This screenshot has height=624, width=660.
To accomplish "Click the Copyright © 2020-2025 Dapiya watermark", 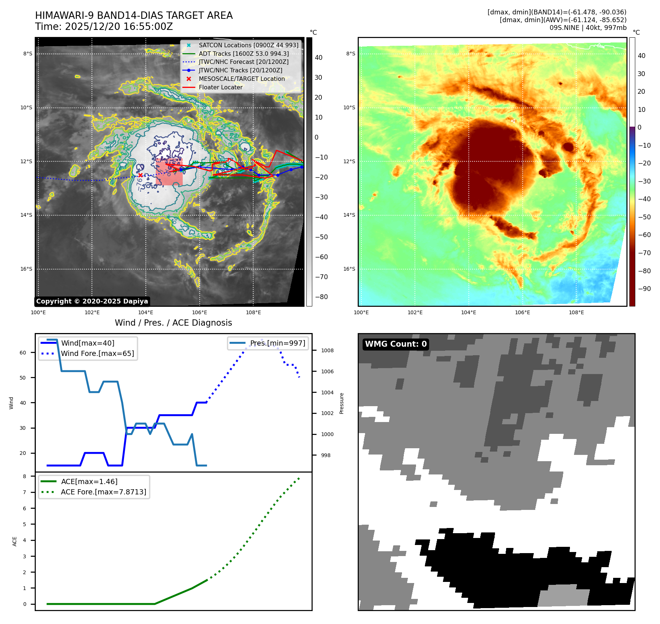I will click(92, 301).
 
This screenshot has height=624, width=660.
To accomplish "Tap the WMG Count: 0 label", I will click(396, 344).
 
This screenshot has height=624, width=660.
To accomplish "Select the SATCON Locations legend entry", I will click(248, 45).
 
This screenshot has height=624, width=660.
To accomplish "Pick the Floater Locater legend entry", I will click(220, 88).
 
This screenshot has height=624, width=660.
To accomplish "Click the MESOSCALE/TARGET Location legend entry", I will click(241, 79).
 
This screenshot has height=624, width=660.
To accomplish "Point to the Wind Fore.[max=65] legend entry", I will click(97, 353).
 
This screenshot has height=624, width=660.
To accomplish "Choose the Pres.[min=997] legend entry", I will click(277, 343).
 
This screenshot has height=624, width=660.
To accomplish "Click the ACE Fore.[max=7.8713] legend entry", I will click(103, 492).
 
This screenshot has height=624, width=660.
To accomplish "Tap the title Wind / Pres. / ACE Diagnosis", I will click(173, 323).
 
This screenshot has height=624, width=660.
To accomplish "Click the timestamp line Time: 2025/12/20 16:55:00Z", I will click(104, 27).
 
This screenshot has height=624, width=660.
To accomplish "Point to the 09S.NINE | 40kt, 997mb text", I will click(588, 28).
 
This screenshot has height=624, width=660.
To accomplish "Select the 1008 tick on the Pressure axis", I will click(327, 350).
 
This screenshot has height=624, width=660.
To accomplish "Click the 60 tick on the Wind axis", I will click(23, 353).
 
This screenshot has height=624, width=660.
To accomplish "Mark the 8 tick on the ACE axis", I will click(25, 476).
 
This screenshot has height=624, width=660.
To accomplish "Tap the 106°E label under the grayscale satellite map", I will click(199, 312).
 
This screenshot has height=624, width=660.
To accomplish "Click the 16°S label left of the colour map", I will click(349, 269).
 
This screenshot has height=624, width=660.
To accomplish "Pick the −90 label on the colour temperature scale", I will click(644, 289).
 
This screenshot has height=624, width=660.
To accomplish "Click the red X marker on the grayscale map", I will click(140, 175).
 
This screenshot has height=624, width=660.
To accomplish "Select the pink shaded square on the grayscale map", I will click(169, 172).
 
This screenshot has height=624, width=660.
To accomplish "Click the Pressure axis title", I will click(341, 403).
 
